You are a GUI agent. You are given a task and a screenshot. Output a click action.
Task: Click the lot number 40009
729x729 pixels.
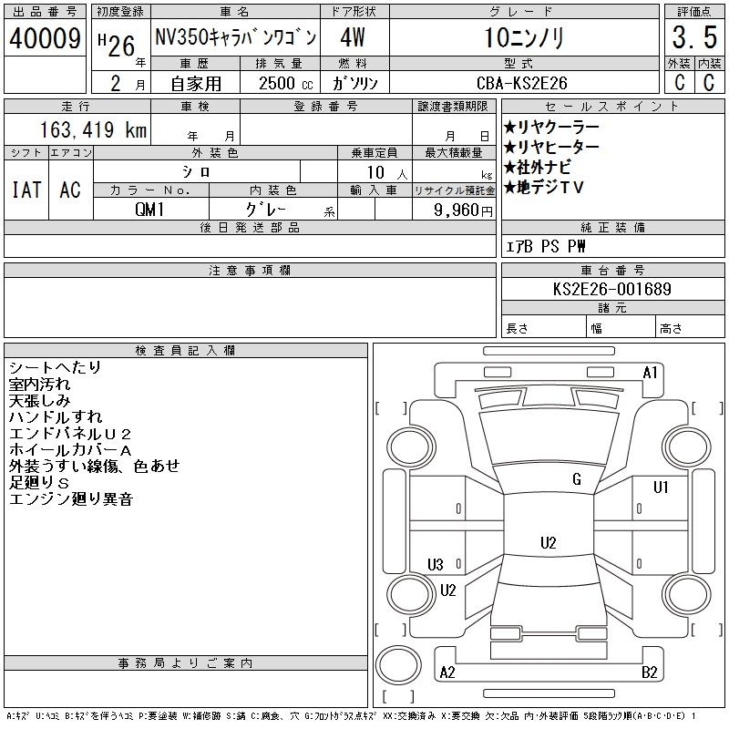[x=45, y=38]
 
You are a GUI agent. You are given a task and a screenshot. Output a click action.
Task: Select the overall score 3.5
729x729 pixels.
[x=694, y=37]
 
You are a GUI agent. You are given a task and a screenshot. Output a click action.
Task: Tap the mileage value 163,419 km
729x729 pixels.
[x=93, y=129]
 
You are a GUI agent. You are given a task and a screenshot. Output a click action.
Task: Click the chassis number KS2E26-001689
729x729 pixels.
[x=611, y=289]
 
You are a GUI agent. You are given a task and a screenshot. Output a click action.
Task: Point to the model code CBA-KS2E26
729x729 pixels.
[x=522, y=83]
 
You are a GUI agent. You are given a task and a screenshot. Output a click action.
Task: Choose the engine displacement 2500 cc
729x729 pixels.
[x=286, y=84]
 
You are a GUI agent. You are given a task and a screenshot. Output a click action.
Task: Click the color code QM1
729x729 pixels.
[x=149, y=210]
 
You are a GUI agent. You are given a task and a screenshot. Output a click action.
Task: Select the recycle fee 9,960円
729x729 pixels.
[x=463, y=210]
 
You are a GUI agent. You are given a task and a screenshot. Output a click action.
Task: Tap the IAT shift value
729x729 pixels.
[x=26, y=190]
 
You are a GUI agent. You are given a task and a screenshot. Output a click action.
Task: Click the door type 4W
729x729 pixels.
[x=353, y=37]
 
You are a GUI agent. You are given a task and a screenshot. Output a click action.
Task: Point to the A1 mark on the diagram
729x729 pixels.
[x=650, y=373]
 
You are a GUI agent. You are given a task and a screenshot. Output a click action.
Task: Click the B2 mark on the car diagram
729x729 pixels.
[x=649, y=673]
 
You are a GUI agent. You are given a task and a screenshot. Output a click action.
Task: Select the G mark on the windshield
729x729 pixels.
[x=577, y=479]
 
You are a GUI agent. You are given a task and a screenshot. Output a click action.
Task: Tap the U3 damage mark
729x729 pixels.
[x=436, y=564]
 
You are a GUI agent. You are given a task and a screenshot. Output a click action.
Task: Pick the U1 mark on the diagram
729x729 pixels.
[x=661, y=487]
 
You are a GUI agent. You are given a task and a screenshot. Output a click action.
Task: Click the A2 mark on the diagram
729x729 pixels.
[x=447, y=673]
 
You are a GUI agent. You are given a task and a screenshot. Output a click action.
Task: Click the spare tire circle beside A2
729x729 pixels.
[x=398, y=665]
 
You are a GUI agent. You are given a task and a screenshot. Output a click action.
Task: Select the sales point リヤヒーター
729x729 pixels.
[x=551, y=147]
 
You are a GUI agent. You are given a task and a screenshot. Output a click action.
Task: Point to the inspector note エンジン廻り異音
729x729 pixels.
[x=71, y=499]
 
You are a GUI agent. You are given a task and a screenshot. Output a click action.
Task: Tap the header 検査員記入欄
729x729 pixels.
[x=185, y=350]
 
